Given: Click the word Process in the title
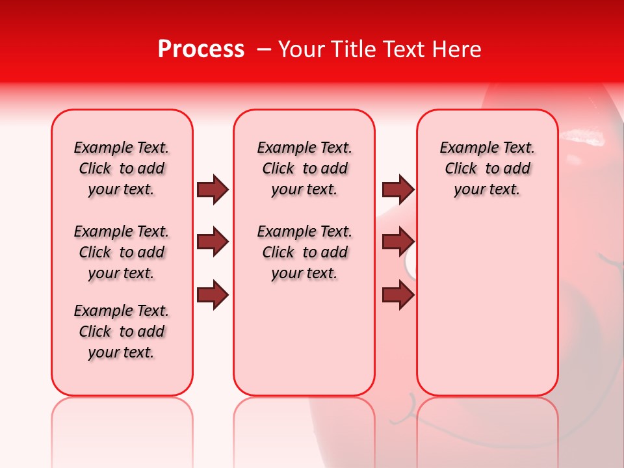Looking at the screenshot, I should pos(201,49).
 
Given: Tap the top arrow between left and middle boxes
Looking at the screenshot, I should pos(213,189).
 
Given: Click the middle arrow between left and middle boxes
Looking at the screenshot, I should pos(213,242).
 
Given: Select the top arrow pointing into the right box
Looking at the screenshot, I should pos(398,189).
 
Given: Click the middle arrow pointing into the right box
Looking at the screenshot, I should pos(398,242).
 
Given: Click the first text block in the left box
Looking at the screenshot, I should pos(122,168).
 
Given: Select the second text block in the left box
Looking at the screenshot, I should pos(122,252).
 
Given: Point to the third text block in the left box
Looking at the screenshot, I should pos(122,331).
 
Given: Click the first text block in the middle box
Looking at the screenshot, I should pos(305,168).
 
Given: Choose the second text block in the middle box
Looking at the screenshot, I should pos(305,252).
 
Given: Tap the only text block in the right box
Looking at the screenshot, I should pos(487,168).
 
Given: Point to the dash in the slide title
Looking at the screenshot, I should pos(264,49).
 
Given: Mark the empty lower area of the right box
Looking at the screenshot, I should pos(487,305).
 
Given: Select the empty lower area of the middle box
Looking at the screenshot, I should pos(305,338).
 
